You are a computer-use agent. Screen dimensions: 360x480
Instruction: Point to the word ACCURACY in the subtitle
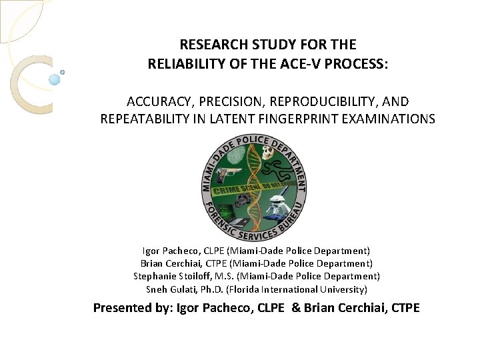pos(156,101)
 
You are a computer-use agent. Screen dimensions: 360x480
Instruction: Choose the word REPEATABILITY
pos(150,119)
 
